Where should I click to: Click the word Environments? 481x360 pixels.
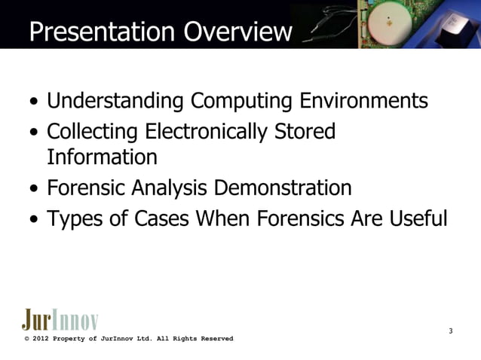pos(365,100)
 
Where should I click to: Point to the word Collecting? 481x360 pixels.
pos(89,132)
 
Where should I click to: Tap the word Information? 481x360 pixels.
pos(102,157)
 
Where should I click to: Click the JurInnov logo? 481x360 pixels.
pos(60,319)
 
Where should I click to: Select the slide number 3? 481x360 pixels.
pos(450,331)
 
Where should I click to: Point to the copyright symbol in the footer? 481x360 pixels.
pos(26,339)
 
